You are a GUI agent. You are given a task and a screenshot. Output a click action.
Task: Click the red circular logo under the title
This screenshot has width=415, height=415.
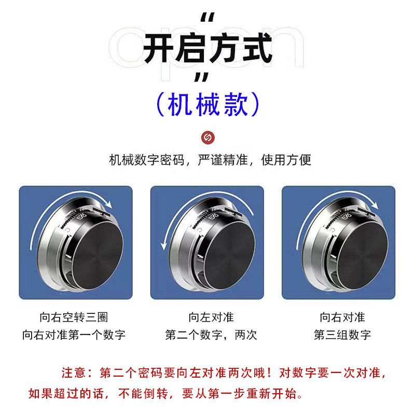tap(208, 137)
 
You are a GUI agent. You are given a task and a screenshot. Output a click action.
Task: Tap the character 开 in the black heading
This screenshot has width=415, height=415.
tap(159, 48)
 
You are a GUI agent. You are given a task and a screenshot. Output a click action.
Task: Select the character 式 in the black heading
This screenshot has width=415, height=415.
tap(257, 48)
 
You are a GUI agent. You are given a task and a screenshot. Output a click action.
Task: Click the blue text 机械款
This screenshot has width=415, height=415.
tap(208, 104)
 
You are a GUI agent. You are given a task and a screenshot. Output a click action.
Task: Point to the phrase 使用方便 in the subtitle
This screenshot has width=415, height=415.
tap(286, 160)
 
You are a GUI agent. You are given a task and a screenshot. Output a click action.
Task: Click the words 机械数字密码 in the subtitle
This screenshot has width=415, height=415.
tap(147, 160)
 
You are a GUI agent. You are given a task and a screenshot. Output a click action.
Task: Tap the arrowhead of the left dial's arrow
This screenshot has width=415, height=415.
tap(108, 204)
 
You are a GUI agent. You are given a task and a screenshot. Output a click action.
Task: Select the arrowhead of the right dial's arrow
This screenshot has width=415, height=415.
tap(374, 204)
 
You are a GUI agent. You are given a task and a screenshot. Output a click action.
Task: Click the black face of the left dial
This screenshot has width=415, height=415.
tap(98, 256)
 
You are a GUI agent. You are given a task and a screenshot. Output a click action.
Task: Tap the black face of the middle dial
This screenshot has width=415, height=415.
tap(229, 256)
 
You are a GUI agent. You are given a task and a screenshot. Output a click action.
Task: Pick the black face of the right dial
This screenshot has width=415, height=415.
tap(363, 256)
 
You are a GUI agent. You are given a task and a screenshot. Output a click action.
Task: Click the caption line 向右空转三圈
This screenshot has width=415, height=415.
tap(74, 317)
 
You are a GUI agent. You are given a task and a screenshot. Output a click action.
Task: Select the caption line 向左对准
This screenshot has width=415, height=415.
tap(211, 317)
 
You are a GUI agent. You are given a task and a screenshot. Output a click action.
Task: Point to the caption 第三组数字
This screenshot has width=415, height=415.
tap(342, 335)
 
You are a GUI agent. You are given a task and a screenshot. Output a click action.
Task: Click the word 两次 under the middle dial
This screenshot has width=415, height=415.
tap(246, 335)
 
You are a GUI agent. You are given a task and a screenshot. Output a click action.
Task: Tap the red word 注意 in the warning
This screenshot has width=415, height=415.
tap(73, 373)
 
